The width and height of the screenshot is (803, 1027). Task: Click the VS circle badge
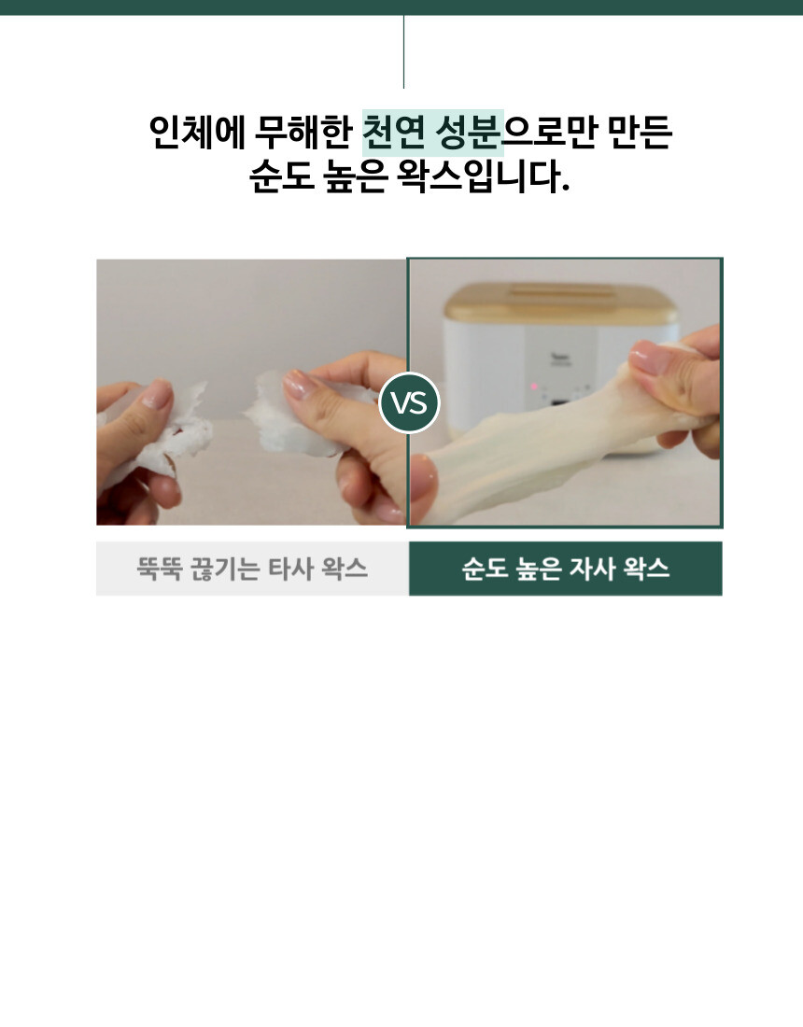(x=409, y=402)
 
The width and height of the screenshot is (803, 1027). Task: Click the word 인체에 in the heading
(x=196, y=132)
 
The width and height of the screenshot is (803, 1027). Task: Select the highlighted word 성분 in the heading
(x=468, y=132)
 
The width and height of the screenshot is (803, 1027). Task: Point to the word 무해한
(x=303, y=132)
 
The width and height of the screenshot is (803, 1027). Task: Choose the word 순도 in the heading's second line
(x=282, y=176)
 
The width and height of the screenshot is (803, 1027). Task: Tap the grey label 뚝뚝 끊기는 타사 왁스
(x=252, y=569)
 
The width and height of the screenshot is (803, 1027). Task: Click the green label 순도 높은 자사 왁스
(x=566, y=569)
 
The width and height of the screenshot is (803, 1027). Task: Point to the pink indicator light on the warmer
(x=534, y=387)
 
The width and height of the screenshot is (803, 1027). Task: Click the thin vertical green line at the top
(x=403, y=51)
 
